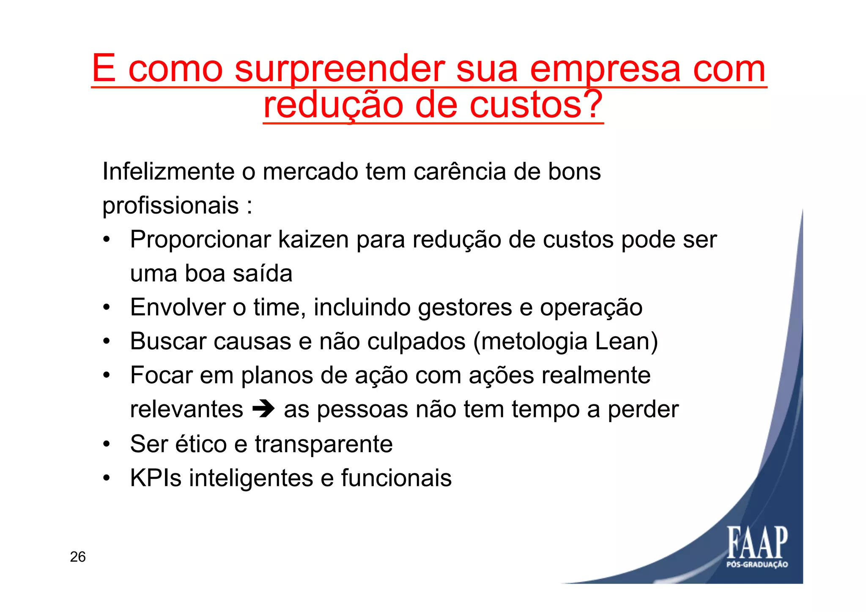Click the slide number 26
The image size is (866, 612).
point(78,557)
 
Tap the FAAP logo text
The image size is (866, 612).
point(757,543)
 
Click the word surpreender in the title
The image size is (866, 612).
point(340,69)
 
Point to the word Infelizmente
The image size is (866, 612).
point(168,172)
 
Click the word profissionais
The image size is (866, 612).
point(171,206)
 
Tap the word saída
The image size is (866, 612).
point(263,274)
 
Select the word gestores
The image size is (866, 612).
point(465,307)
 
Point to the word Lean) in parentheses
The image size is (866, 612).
point(626,341)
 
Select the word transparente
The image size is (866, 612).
point(323,444)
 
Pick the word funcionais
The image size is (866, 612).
point(396,478)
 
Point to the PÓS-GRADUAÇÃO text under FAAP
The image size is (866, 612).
point(757,565)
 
